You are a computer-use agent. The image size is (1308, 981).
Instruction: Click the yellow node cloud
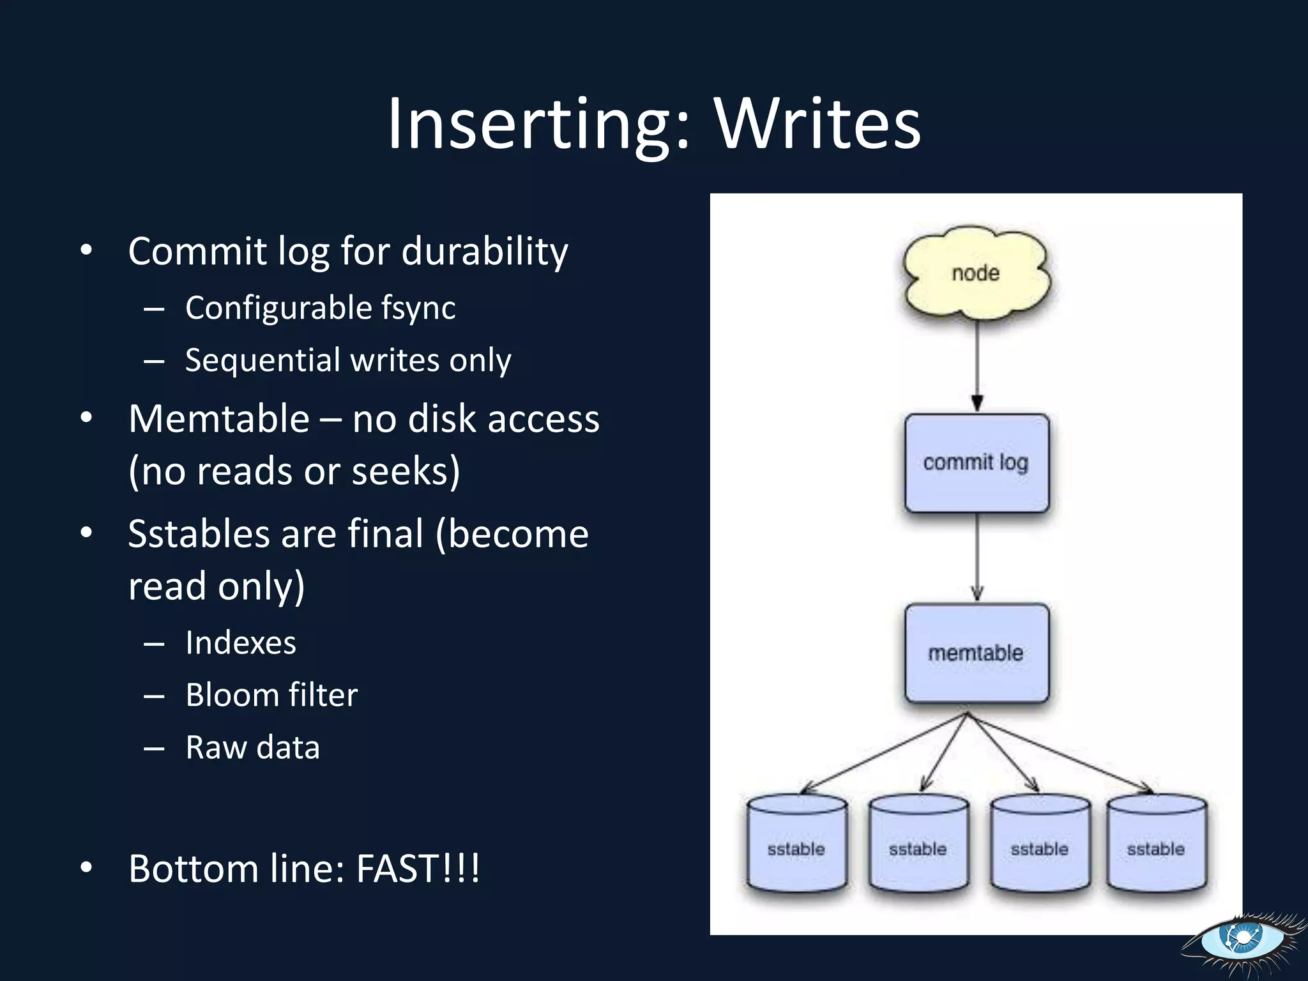click(x=976, y=273)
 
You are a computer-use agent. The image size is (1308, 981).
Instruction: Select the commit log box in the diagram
click(x=977, y=462)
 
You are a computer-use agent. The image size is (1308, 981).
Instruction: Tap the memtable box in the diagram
click(x=977, y=653)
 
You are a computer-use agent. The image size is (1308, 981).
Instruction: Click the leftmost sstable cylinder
click(x=796, y=843)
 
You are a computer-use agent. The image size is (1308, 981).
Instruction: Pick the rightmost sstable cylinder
click(x=1156, y=843)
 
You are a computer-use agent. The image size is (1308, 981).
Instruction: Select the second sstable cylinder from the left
click(x=918, y=843)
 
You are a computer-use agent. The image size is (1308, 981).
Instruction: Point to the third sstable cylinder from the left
click(x=1040, y=843)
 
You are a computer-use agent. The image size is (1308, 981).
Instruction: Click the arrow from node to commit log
click(x=977, y=364)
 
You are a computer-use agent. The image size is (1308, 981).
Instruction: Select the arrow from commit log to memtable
click(x=977, y=556)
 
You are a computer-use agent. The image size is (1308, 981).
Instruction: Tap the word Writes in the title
click(x=817, y=124)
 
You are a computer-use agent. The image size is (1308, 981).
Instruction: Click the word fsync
click(x=418, y=308)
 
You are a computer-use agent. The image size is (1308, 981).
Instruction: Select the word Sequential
click(x=262, y=361)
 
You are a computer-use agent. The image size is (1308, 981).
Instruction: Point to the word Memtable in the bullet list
click(x=219, y=419)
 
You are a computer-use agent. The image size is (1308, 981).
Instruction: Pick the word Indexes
click(x=241, y=643)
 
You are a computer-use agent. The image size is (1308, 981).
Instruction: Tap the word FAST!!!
click(x=418, y=869)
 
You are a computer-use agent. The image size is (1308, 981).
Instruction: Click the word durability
click(x=485, y=252)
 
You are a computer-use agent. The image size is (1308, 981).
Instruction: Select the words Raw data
click(x=252, y=747)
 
